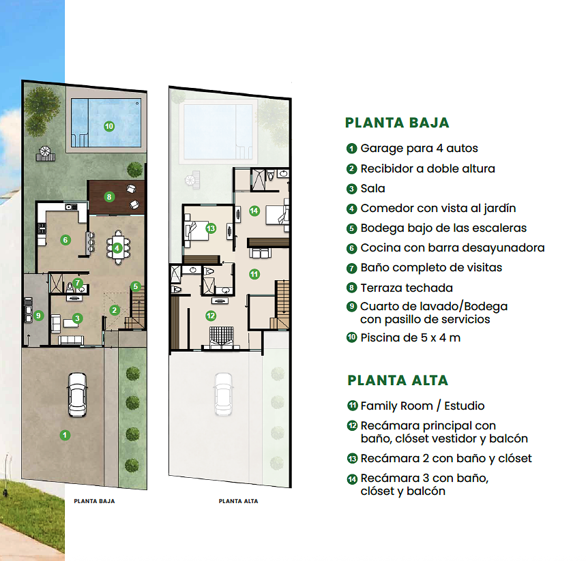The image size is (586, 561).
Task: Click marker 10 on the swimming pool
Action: point(109,126)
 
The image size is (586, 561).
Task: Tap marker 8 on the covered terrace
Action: point(109,197)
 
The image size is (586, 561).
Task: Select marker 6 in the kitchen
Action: point(65,240)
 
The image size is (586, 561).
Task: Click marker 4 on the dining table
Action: point(117,248)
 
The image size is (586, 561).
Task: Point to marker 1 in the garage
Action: point(65,435)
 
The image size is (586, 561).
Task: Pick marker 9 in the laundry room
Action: point(38,316)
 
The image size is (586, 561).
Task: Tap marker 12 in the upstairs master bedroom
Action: point(211,316)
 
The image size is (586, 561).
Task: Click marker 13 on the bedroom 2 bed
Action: point(211,228)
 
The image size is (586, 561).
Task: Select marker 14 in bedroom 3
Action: point(254,211)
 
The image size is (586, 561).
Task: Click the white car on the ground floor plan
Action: point(77,395)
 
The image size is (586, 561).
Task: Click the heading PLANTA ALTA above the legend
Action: point(398,380)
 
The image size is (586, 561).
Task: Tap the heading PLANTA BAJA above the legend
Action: point(397,123)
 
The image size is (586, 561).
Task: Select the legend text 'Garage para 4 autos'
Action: point(419,149)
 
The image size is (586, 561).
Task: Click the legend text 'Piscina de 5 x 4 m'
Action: point(411,337)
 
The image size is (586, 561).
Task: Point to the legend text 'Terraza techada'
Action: point(407,288)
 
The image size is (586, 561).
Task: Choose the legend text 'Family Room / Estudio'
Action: point(422,406)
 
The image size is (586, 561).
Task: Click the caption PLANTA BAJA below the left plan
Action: point(94,501)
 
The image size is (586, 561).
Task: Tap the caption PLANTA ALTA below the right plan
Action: point(239,501)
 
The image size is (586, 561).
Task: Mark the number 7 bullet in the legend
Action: point(351,268)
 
